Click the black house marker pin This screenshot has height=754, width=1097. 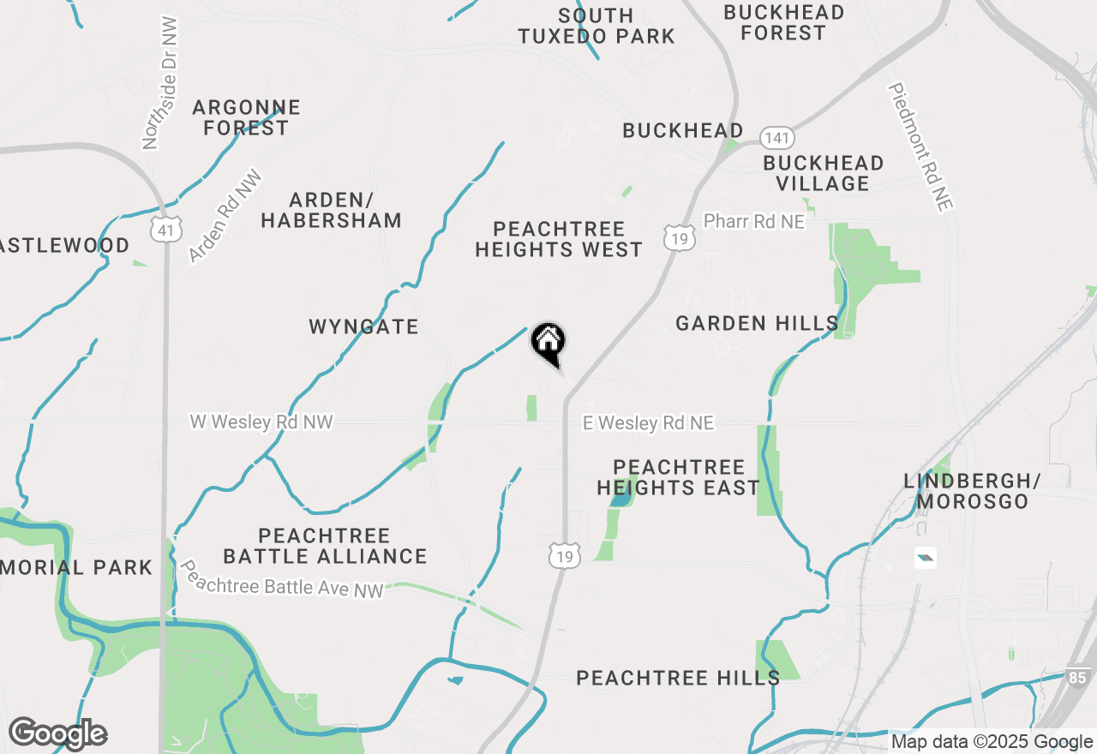pos(548,344)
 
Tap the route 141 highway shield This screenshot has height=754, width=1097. pos(777,138)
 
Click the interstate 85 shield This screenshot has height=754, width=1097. pos(1078,677)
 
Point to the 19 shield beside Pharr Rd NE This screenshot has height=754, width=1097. pos(679,237)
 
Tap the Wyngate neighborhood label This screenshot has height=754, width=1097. pos(363,326)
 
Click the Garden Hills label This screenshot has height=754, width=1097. pos(757,323)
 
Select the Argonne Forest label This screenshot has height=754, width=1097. pos(246,117)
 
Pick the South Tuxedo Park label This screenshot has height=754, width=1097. pos(596,26)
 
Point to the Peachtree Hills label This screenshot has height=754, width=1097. pos(678,678)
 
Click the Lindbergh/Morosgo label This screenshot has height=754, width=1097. pos(972,491)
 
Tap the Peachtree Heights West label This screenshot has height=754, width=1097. pos(559,239)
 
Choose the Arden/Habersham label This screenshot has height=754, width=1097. pos(331,210)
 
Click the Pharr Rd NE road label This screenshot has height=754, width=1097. pos(754,222)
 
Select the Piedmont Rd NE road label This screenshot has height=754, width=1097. pos(921,146)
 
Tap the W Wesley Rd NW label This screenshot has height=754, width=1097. pos(261,422)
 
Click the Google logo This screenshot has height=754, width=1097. pos(57,734)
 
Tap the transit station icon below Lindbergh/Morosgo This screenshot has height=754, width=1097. pos(925,559)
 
